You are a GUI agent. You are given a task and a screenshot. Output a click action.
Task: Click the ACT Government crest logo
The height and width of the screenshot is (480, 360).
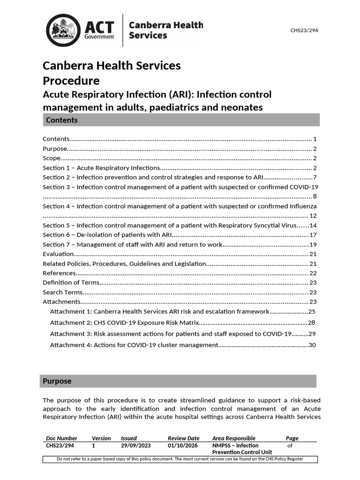[x=63, y=30]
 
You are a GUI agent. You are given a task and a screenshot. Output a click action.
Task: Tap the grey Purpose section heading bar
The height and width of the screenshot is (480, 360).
[x=178, y=381]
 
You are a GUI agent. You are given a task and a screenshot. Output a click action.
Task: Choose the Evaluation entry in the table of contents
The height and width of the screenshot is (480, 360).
[x=59, y=254]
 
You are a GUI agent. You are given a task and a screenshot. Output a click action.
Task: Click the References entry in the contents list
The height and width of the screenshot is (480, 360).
[x=59, y=273]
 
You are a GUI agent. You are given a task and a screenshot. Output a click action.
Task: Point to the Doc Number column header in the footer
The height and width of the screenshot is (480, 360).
[x=61, y=438]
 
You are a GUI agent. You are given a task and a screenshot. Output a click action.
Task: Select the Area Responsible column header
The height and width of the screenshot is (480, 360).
[x=233, y=438]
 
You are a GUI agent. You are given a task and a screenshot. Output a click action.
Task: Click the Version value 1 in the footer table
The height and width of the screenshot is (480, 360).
[x=94, y=446]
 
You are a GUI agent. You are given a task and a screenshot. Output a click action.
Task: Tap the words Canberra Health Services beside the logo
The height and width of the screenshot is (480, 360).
[x=165, y=30]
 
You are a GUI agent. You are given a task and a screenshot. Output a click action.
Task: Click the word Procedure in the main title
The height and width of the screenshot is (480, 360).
[x=71, y=80]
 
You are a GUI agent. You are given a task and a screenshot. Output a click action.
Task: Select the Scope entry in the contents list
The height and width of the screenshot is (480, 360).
[x=52, y=158]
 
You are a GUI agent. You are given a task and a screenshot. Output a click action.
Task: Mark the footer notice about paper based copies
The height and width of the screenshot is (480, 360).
[x=180, y=459]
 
